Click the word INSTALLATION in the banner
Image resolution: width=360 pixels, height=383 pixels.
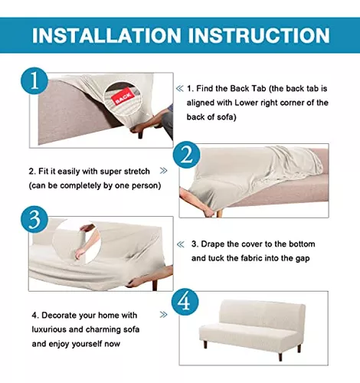pos(106,35)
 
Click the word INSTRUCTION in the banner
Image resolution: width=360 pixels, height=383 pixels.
pos(259,35)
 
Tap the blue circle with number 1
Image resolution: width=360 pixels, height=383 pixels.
pos(34,81)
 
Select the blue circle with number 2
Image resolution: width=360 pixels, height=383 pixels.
pos(186,155)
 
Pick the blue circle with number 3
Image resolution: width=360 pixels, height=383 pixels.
pos(34,219)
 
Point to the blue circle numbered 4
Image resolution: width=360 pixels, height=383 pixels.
pos(185,302)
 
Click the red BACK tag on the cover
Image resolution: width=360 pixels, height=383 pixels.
pos(123,97)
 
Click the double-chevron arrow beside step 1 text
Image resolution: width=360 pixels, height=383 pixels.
pos(179,89)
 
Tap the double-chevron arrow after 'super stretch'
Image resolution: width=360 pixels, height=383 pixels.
pos(163,171)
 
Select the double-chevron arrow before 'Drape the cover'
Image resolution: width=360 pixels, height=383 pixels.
pos(180,244)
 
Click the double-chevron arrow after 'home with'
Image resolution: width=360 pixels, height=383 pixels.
pos(163,315)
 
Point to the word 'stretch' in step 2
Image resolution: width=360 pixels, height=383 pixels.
pos(136,171)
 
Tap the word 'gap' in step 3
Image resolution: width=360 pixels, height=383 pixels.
pos(303,258)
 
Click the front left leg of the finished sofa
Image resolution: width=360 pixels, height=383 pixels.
pos(205,344)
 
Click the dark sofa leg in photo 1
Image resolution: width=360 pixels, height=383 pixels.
pos(140,135)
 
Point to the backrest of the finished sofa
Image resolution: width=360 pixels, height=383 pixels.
pos(263,314)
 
